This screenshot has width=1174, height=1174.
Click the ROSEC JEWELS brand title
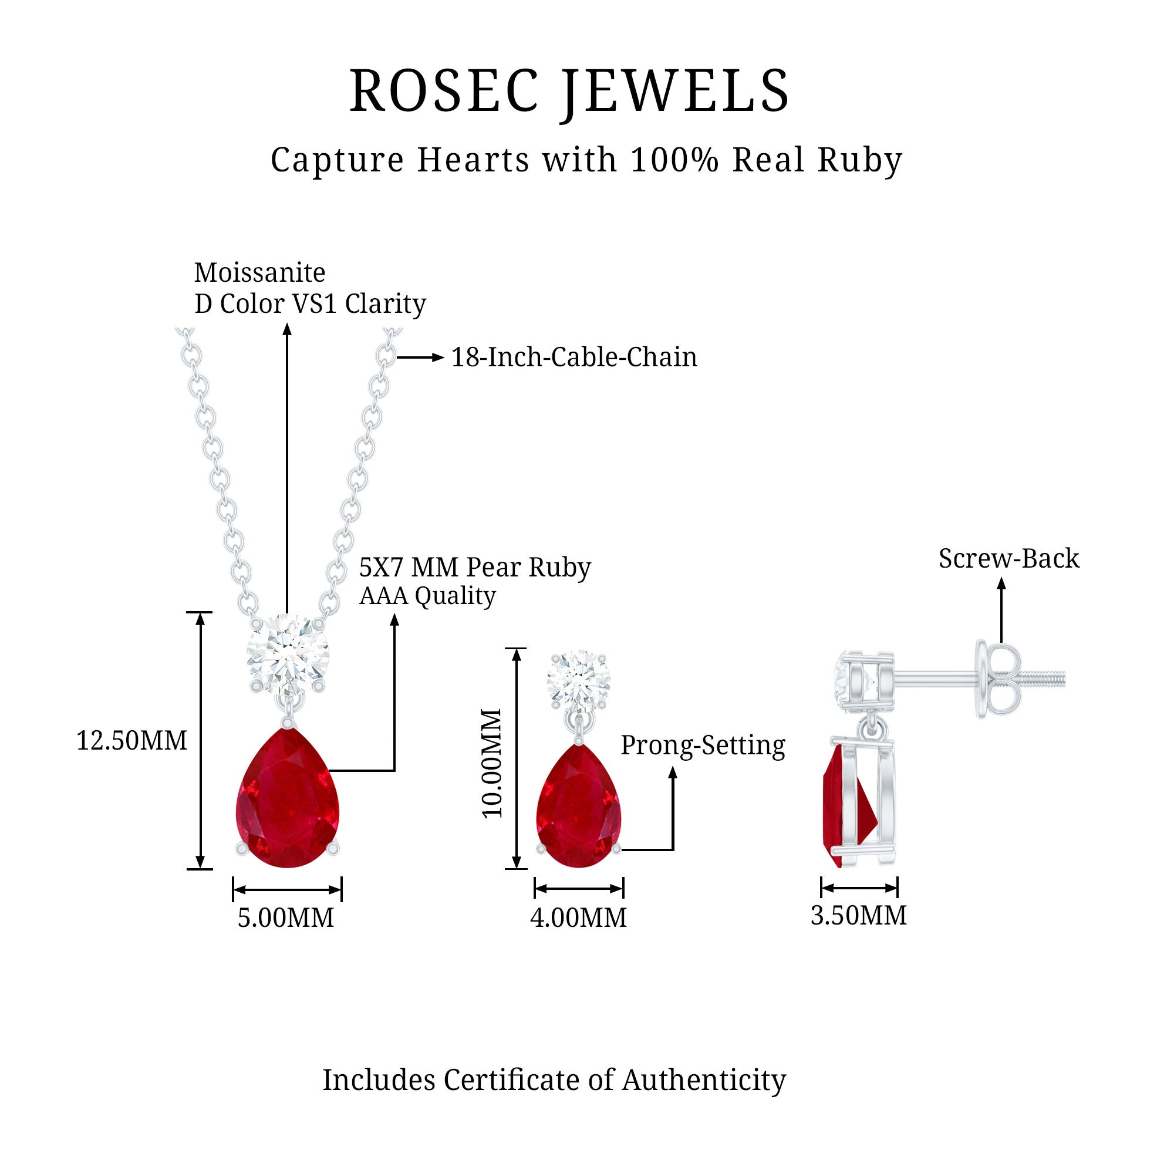569,91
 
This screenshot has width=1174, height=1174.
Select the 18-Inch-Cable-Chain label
573,357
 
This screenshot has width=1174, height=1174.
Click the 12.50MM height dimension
131,741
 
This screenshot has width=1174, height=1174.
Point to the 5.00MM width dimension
286,917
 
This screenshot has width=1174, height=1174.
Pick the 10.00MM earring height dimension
492,763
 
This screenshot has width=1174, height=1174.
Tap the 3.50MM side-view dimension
858,915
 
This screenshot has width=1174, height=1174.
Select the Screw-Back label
1008,558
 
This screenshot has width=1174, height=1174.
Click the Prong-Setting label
703,745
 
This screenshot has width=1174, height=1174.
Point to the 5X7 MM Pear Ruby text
474,567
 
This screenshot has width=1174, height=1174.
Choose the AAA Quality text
427,596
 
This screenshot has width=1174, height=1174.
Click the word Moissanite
259,272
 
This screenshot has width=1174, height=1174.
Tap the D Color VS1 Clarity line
310,303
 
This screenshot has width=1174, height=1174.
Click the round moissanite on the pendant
288,655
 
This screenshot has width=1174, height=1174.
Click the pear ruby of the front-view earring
579,808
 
